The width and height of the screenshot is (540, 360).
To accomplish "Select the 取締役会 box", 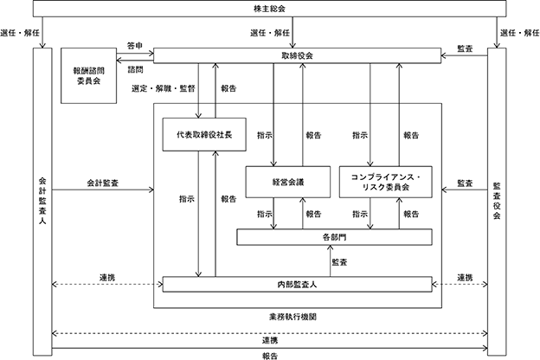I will coord(297,55).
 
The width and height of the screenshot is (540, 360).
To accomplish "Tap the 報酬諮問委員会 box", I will coord(89,77).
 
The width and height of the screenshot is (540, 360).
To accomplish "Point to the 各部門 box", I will coord(332,236).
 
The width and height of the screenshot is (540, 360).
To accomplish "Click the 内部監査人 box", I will coord(297,284).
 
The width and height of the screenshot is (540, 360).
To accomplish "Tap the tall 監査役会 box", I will coord(497,198).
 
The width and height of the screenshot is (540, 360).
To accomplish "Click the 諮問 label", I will coord(136,68).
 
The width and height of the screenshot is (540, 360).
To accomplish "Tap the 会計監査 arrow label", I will coord(103,183).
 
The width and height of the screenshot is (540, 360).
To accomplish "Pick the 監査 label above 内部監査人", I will coord(340,260).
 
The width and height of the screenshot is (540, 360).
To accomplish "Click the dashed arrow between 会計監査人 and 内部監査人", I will coord(107,284).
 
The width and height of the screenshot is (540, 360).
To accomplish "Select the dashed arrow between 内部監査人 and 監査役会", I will coord(460,284).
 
